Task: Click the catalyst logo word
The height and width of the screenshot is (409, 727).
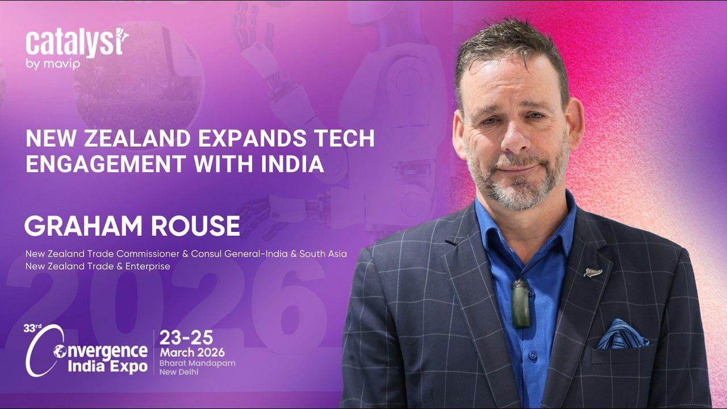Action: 77,44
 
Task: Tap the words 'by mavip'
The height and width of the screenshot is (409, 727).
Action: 53,64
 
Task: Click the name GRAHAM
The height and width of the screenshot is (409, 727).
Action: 83,226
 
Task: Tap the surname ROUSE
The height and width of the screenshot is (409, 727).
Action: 196,226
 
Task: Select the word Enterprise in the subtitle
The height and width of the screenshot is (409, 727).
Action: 148,266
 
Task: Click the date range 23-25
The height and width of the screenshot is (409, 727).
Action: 186,337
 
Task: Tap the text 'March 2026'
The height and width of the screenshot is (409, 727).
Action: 192,352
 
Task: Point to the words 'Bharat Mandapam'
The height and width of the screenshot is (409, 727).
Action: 197,364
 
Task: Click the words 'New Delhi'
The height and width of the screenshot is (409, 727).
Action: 179,372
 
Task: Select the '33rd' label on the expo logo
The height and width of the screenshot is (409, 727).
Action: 32,328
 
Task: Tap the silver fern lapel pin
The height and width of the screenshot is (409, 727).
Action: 593,272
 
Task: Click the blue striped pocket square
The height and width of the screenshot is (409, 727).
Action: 623,335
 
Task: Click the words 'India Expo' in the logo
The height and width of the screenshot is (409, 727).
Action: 107,366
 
